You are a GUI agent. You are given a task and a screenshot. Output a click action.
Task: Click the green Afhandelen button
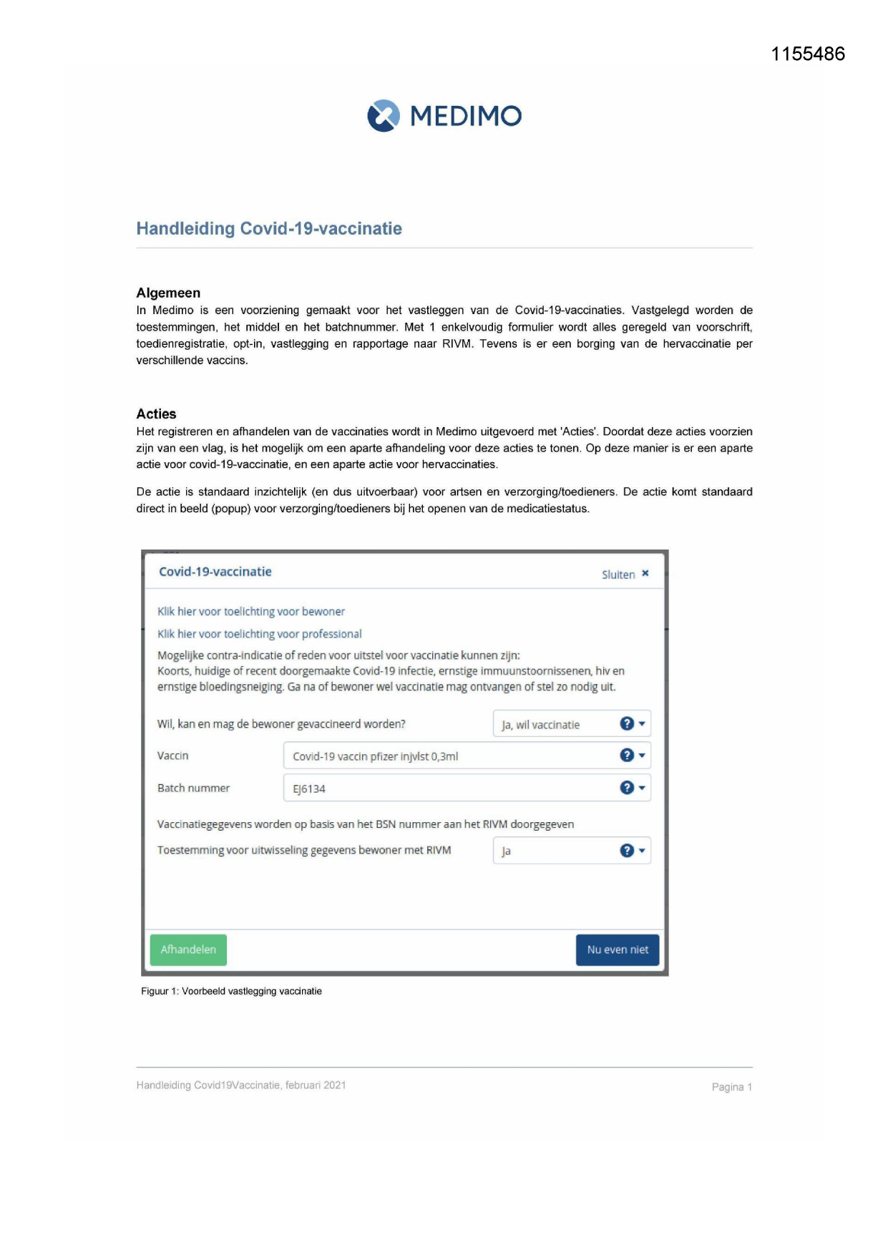click(x=188, y=949)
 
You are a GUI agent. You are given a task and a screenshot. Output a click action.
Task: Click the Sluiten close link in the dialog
click(x=625, y=574)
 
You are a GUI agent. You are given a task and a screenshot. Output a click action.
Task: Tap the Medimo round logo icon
click(x=384, y=116)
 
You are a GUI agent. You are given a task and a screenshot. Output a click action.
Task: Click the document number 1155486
click(x=808, y=54)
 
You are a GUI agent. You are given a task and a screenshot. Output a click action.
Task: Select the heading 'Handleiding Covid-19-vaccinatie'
click(x=269, y=228)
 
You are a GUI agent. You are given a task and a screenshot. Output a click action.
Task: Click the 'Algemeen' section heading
click(x=168, y=293)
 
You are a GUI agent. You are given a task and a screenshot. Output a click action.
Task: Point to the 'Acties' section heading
click(x=156, y=414)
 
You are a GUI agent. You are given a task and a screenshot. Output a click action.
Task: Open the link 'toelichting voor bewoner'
click(x=251, y=611)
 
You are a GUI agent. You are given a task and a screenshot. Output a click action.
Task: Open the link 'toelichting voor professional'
click(x=260, y=634)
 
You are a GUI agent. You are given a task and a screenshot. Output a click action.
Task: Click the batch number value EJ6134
click(x=309, y=788)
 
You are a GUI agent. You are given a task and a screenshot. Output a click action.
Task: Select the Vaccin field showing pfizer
click(x=451, y=756)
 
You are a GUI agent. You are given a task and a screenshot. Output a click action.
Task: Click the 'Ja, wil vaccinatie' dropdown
click(x=558, y=724)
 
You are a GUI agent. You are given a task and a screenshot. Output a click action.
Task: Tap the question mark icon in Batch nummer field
click(x=627, y=788)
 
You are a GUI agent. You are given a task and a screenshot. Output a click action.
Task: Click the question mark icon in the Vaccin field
click(x=627, y=756)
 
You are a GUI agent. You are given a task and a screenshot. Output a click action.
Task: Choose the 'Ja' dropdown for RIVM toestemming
click(x=558, y=851)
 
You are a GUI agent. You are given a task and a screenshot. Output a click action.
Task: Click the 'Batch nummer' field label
click(x=193, y=788)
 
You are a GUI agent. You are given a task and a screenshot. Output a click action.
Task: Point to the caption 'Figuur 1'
click(x=231, y=991)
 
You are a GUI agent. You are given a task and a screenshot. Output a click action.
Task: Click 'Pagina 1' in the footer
click(x=731, y=1087)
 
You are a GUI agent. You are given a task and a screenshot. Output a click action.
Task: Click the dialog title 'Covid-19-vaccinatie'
click(x=215, y=572)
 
